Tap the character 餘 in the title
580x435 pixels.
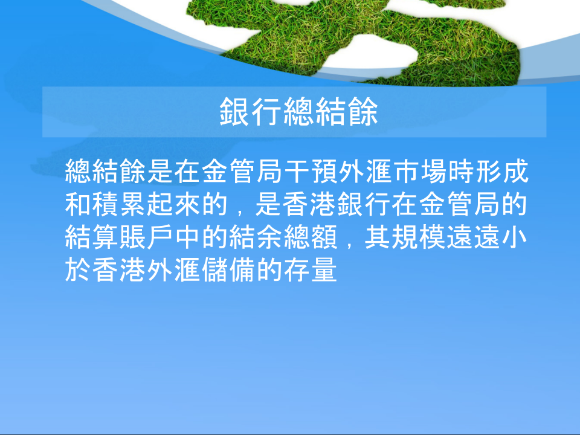pos(363,112)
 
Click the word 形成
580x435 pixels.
pos(501,172)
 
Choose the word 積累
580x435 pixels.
pos(118,205)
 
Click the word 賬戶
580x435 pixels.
pos(146,237)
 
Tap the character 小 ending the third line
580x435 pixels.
pos(514,237)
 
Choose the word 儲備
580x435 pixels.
pos(228,270)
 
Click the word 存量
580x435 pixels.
pos(310,270)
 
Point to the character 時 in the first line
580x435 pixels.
pos(461,172)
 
